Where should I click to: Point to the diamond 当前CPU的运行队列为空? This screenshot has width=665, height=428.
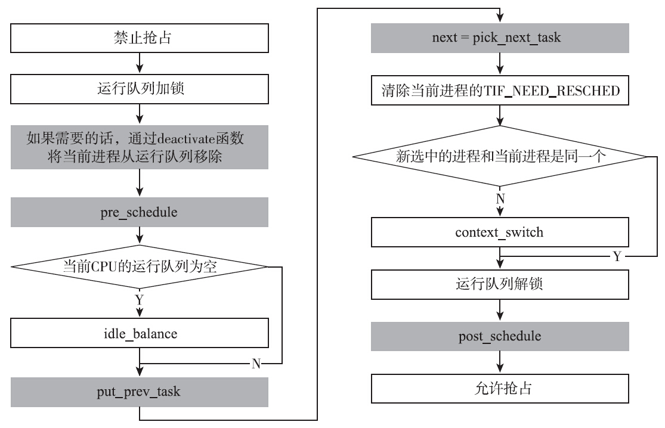click(139, 266)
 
